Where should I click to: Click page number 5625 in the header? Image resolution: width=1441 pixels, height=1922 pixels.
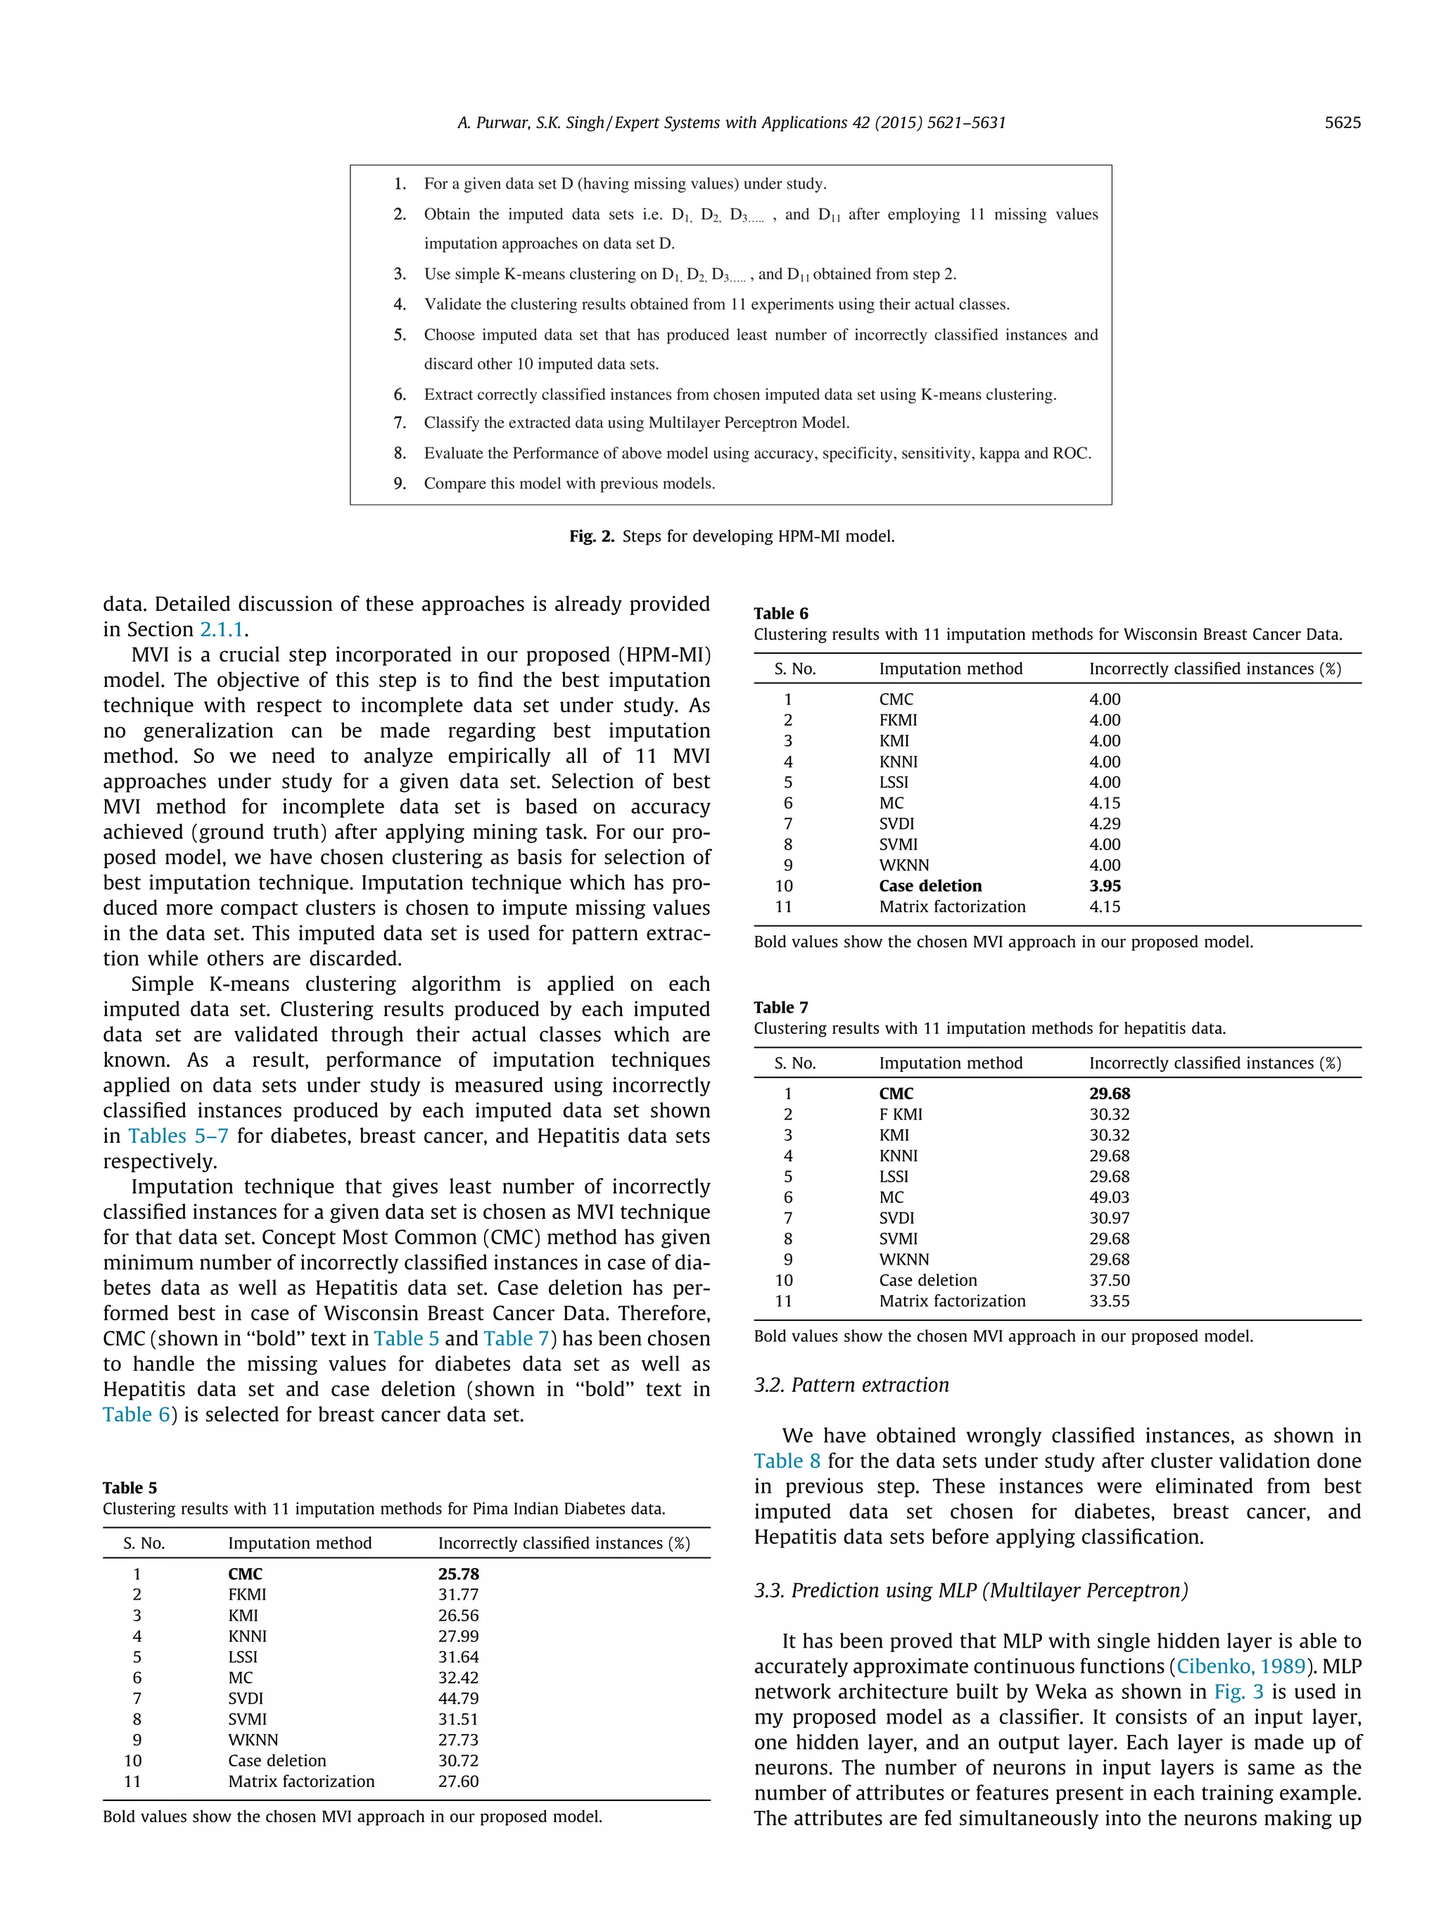pos(1341,122)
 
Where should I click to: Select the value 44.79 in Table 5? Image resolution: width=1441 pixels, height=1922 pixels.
pos(458,1697)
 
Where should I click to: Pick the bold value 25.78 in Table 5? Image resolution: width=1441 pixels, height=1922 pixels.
pos(458,1574)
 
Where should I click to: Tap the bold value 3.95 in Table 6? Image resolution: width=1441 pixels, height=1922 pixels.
pos(1104,885)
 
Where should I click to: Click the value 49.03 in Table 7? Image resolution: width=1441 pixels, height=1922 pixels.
pos(1108,1196)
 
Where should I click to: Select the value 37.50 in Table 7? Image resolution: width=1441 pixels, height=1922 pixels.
pos(1108,1280)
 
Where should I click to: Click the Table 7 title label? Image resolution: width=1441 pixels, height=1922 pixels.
pos(780,1007)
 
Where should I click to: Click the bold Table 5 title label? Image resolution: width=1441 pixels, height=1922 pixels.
pos(129,1488)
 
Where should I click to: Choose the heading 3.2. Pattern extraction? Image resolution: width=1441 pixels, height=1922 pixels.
pos(851,1384)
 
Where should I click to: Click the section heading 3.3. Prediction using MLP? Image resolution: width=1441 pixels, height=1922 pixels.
pos(970,1590)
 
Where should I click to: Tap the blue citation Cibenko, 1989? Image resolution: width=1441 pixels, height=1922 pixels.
pos(1240,1666)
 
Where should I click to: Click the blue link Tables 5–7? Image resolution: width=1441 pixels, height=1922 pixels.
pos(178,1136)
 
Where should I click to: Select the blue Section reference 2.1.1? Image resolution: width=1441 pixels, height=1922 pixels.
pos(222,629)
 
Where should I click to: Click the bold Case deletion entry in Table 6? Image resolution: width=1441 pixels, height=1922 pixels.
pos(929,885)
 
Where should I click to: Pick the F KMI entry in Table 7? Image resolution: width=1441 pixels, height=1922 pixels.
pos(900,1114)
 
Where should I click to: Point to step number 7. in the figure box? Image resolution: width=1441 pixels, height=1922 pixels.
pos(400,422)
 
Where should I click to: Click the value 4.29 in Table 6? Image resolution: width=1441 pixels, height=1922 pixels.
pos(1104,823)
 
